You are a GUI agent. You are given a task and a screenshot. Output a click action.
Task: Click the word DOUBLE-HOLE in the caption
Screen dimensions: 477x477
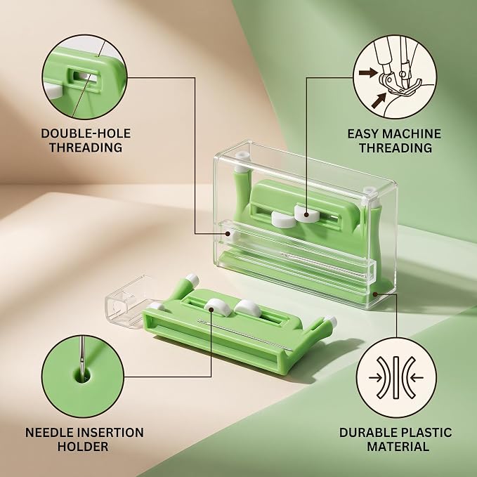tap(86, 133)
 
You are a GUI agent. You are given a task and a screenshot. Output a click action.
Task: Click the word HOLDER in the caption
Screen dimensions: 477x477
tap(83, 447)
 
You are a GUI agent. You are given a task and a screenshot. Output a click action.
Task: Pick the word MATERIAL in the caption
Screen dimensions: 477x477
tap(398, 447)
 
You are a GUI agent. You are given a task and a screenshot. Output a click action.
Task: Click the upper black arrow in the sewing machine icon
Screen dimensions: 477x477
tap(369, 72)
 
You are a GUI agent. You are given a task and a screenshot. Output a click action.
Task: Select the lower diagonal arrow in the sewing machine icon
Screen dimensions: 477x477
tap(379, 100)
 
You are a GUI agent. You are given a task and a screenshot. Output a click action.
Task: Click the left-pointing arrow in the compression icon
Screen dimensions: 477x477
tap(417, 378)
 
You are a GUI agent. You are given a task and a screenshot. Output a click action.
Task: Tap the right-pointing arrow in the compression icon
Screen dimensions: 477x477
tap(376, 378)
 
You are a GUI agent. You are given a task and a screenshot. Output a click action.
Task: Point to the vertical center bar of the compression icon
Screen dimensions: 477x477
tap(396, 377)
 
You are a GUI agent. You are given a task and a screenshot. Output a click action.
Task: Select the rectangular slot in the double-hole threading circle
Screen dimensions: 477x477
tap(83, 77)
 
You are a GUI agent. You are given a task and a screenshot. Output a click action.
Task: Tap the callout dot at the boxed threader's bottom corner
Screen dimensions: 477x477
tap(375, 294)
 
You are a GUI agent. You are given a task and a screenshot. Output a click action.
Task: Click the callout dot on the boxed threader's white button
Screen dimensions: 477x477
tap(306, 215)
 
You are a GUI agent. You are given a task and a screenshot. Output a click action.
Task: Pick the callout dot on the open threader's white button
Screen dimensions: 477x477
tap(211, 309)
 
